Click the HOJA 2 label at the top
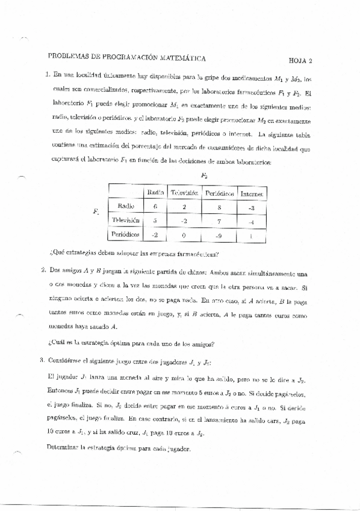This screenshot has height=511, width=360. [x=300, y=61]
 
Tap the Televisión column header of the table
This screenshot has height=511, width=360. [x=184, y=193]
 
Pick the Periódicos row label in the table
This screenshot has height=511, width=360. [x=126, y=233]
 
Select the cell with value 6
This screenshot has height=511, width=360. [x=155, y=207]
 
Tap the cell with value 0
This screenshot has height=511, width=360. [x=184, y=234]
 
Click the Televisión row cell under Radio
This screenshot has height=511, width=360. [x=155, y=221]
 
